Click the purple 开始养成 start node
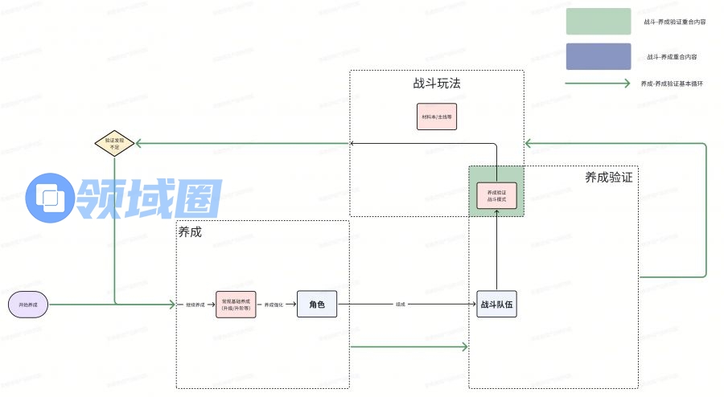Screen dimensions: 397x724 (x=28, y=305)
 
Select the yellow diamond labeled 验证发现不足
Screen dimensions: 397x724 (x=113, y=143)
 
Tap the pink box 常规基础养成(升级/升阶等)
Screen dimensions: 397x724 (x=236, y=305)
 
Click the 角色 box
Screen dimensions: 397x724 (x=316, y=304)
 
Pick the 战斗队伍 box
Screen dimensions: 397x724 (x=496, y=305)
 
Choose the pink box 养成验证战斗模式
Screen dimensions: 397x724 (x=496, y=195)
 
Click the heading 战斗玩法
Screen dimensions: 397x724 (x=437, y=84)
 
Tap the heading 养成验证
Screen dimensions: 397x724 (x=609, y=178)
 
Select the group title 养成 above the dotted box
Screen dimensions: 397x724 (x=190, y=231)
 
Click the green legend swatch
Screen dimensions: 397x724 (x=599, y=22)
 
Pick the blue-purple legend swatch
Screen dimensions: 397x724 (x=599, y=56)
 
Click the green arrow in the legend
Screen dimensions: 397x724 (x=599, y=84)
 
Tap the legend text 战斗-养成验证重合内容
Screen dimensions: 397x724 (x=675, y=23)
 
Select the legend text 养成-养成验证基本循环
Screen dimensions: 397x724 (x=673, y=84)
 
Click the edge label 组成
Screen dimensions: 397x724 (x=400, y=305)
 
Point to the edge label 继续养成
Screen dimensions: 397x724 (x=195, y=305)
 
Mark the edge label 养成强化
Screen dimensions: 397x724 (x=274, y=305)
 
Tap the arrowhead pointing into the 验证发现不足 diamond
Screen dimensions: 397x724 (x=138, y=143)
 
